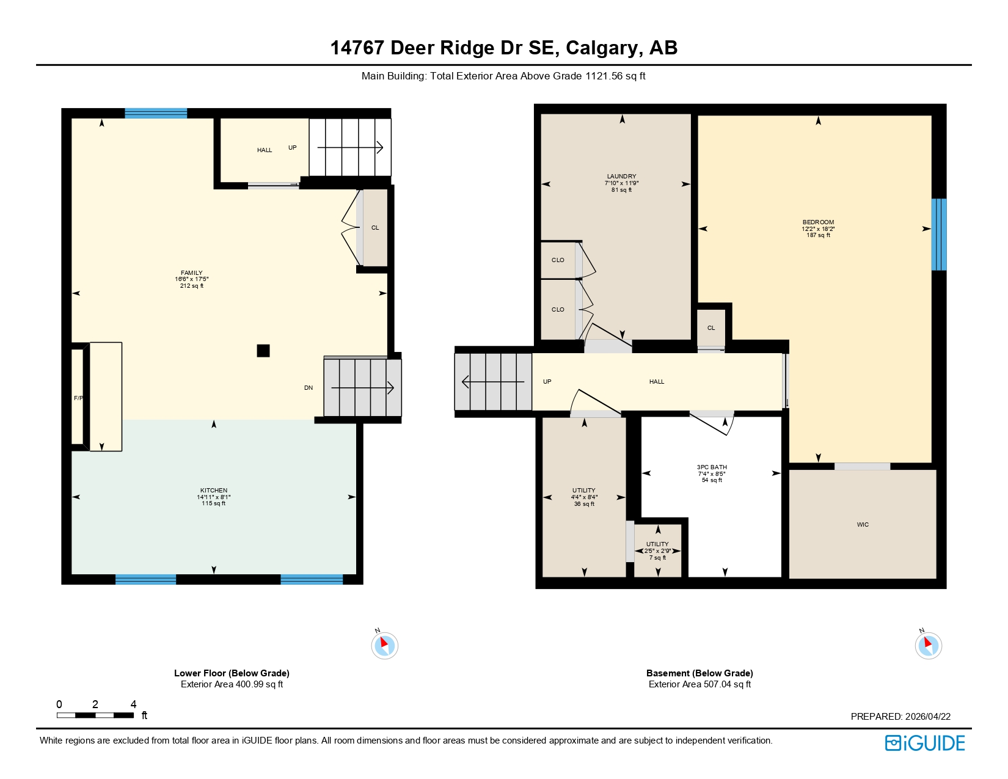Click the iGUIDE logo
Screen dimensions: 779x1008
click(x=925, y=743)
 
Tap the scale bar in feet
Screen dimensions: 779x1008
click(x=95, y=715)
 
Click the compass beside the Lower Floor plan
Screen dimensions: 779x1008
click(x=385, y=645)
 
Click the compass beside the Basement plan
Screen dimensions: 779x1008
click(x=928, y=645)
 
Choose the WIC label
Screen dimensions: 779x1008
click(x=863, y=525)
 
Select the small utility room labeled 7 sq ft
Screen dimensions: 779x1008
click(x=657, y=550)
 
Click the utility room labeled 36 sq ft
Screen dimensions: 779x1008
click(x=584, y=497)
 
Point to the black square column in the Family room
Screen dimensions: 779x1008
click(x=263, y=351)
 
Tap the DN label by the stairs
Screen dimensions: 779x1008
click(x=309, y=388)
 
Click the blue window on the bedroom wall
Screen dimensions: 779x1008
click(x=939, y=235)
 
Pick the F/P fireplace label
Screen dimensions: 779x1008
click(x=78, y=398)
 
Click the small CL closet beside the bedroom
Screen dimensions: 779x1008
click(x=711, y=328)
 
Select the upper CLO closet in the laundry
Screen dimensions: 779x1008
click(x=558, y=260)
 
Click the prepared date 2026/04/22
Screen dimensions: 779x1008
click(x=927, y=717)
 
